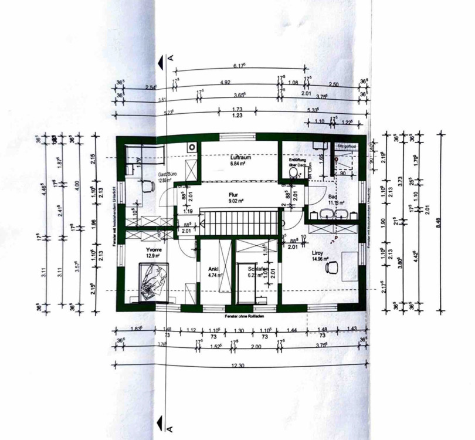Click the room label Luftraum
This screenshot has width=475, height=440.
pyautogui.click(x=238, y=157)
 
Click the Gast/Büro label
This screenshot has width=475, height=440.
pyautogui.click(x=164, y=174)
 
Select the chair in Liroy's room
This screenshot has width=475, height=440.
pyautogui.click(x=333, y=267)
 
